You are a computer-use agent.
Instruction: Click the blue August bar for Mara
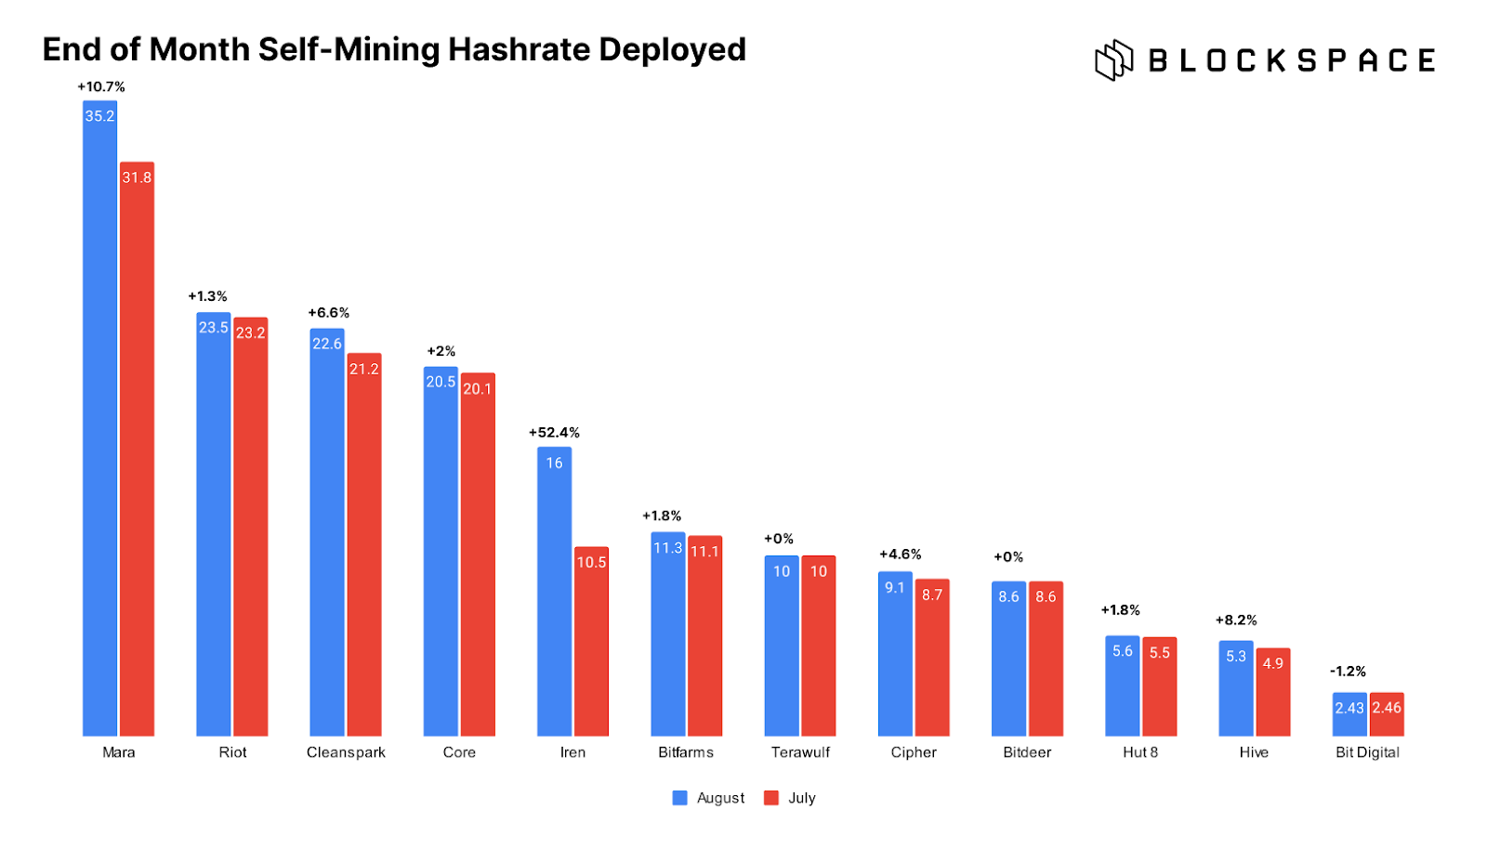click(x=99, y=418)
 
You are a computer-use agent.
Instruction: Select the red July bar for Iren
click(x=591, y=641)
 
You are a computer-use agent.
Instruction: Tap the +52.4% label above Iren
click(x=554, y=433)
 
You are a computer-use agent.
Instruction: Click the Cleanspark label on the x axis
click(x=346, y=752)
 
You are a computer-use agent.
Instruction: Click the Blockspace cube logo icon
click(x=1113, y=60)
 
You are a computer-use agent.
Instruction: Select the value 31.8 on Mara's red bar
click(x=137, y=177)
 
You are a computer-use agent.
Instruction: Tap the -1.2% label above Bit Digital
click(x=1348, y=672)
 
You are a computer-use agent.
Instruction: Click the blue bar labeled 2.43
click(x=1349, y=714)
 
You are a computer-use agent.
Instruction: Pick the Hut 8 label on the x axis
click(x=1140, y=752)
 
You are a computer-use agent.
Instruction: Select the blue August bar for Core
click(x=441, y=552)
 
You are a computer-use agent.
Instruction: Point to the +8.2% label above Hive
click(x=1236, y=620)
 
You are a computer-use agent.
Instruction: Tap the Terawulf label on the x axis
click(x=800, y=752)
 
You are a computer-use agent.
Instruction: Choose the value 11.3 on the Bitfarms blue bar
click(x=667, y=548)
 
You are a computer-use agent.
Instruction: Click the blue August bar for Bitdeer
click(x=1008, y=659)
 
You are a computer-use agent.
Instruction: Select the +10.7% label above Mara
click(x=100, y=86)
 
